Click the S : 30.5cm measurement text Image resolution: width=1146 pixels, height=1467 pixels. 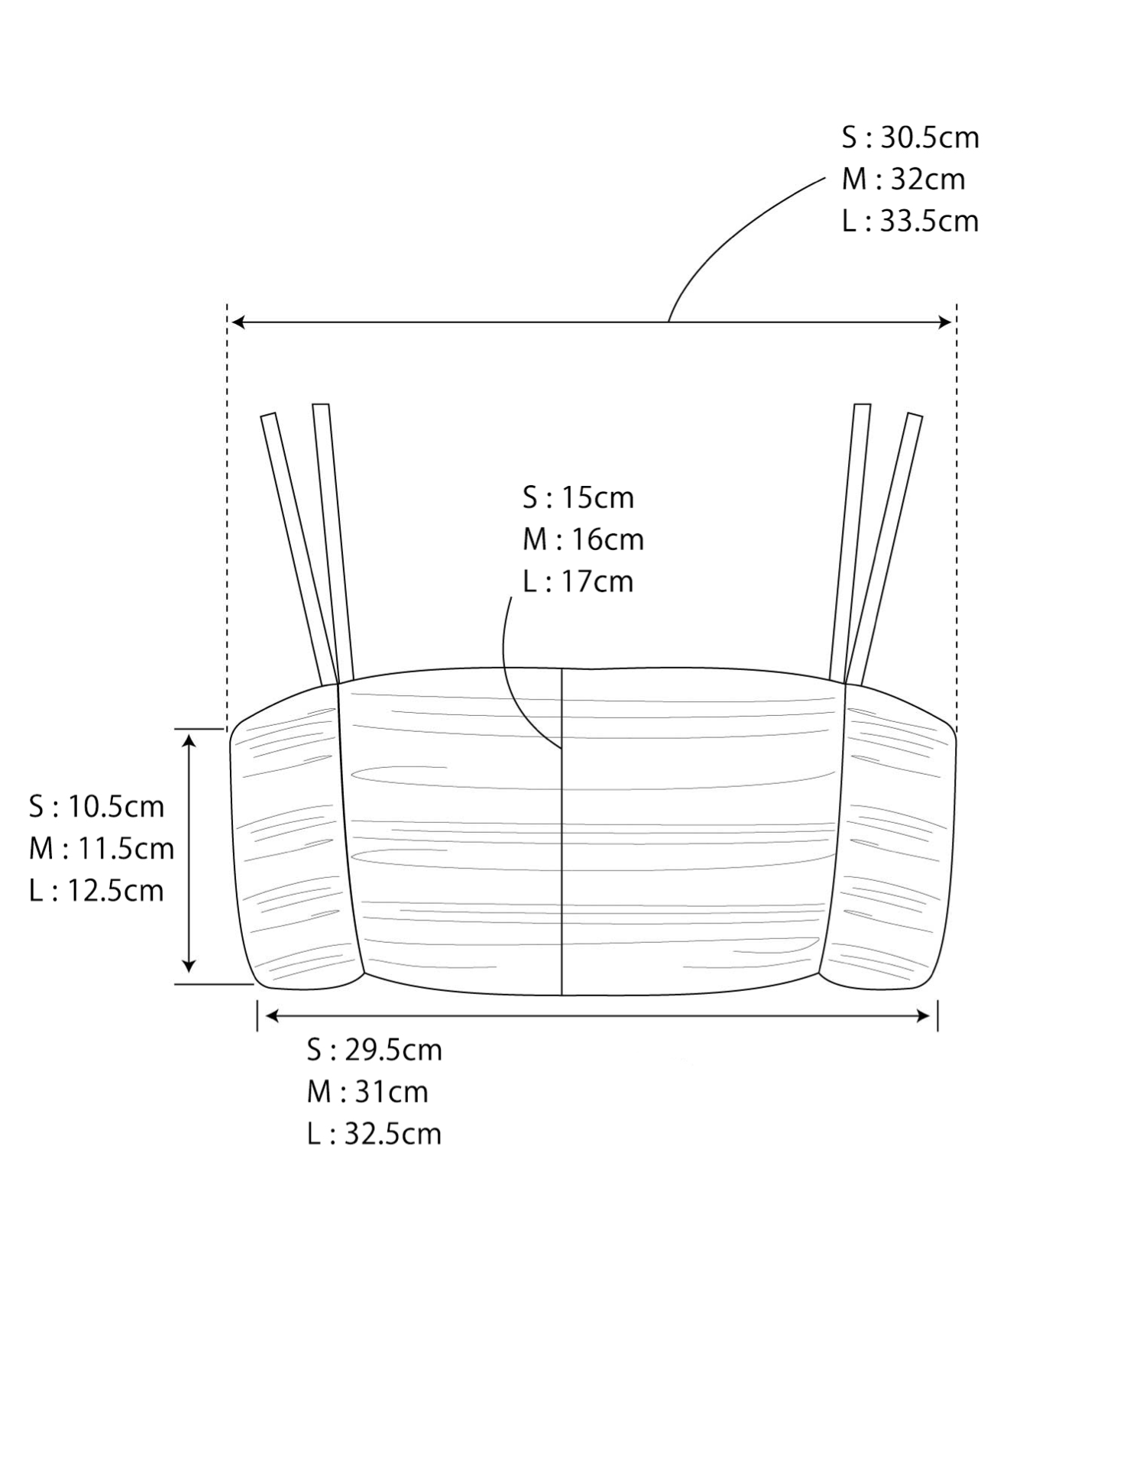tap(910, 138)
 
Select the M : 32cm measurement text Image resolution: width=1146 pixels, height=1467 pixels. tap(903, 180)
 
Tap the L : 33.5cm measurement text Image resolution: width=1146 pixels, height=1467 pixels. tap(910, 222)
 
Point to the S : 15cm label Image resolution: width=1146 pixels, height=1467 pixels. tap(578, 497)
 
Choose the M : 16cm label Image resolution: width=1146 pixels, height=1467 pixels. tap(583, 539)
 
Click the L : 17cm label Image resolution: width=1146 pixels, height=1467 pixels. tap(578, 581)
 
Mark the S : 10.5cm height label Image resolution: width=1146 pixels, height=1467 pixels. tap(97, 807)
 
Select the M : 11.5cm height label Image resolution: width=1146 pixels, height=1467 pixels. tap(102, 849)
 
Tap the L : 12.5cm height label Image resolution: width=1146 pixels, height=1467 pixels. tap(97, 891)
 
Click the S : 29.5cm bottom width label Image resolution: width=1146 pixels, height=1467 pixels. tap(374, 1050)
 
